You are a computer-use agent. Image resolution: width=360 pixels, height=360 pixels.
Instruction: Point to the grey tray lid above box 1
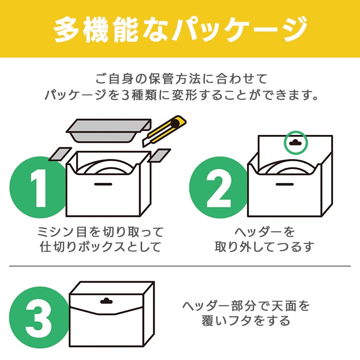(107, 131)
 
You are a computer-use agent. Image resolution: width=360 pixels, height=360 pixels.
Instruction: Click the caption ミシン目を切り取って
(101, 232)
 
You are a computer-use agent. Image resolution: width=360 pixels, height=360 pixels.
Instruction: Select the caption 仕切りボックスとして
(101, 248)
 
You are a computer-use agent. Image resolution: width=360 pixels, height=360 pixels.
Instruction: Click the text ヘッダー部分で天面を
(246, 305)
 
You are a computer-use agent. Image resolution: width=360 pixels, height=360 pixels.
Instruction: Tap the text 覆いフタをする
(246, 321)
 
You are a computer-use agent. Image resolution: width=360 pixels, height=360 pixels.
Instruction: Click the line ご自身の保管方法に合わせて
(180, 78)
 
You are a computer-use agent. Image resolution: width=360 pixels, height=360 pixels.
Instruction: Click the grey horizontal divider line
(180, 266)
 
